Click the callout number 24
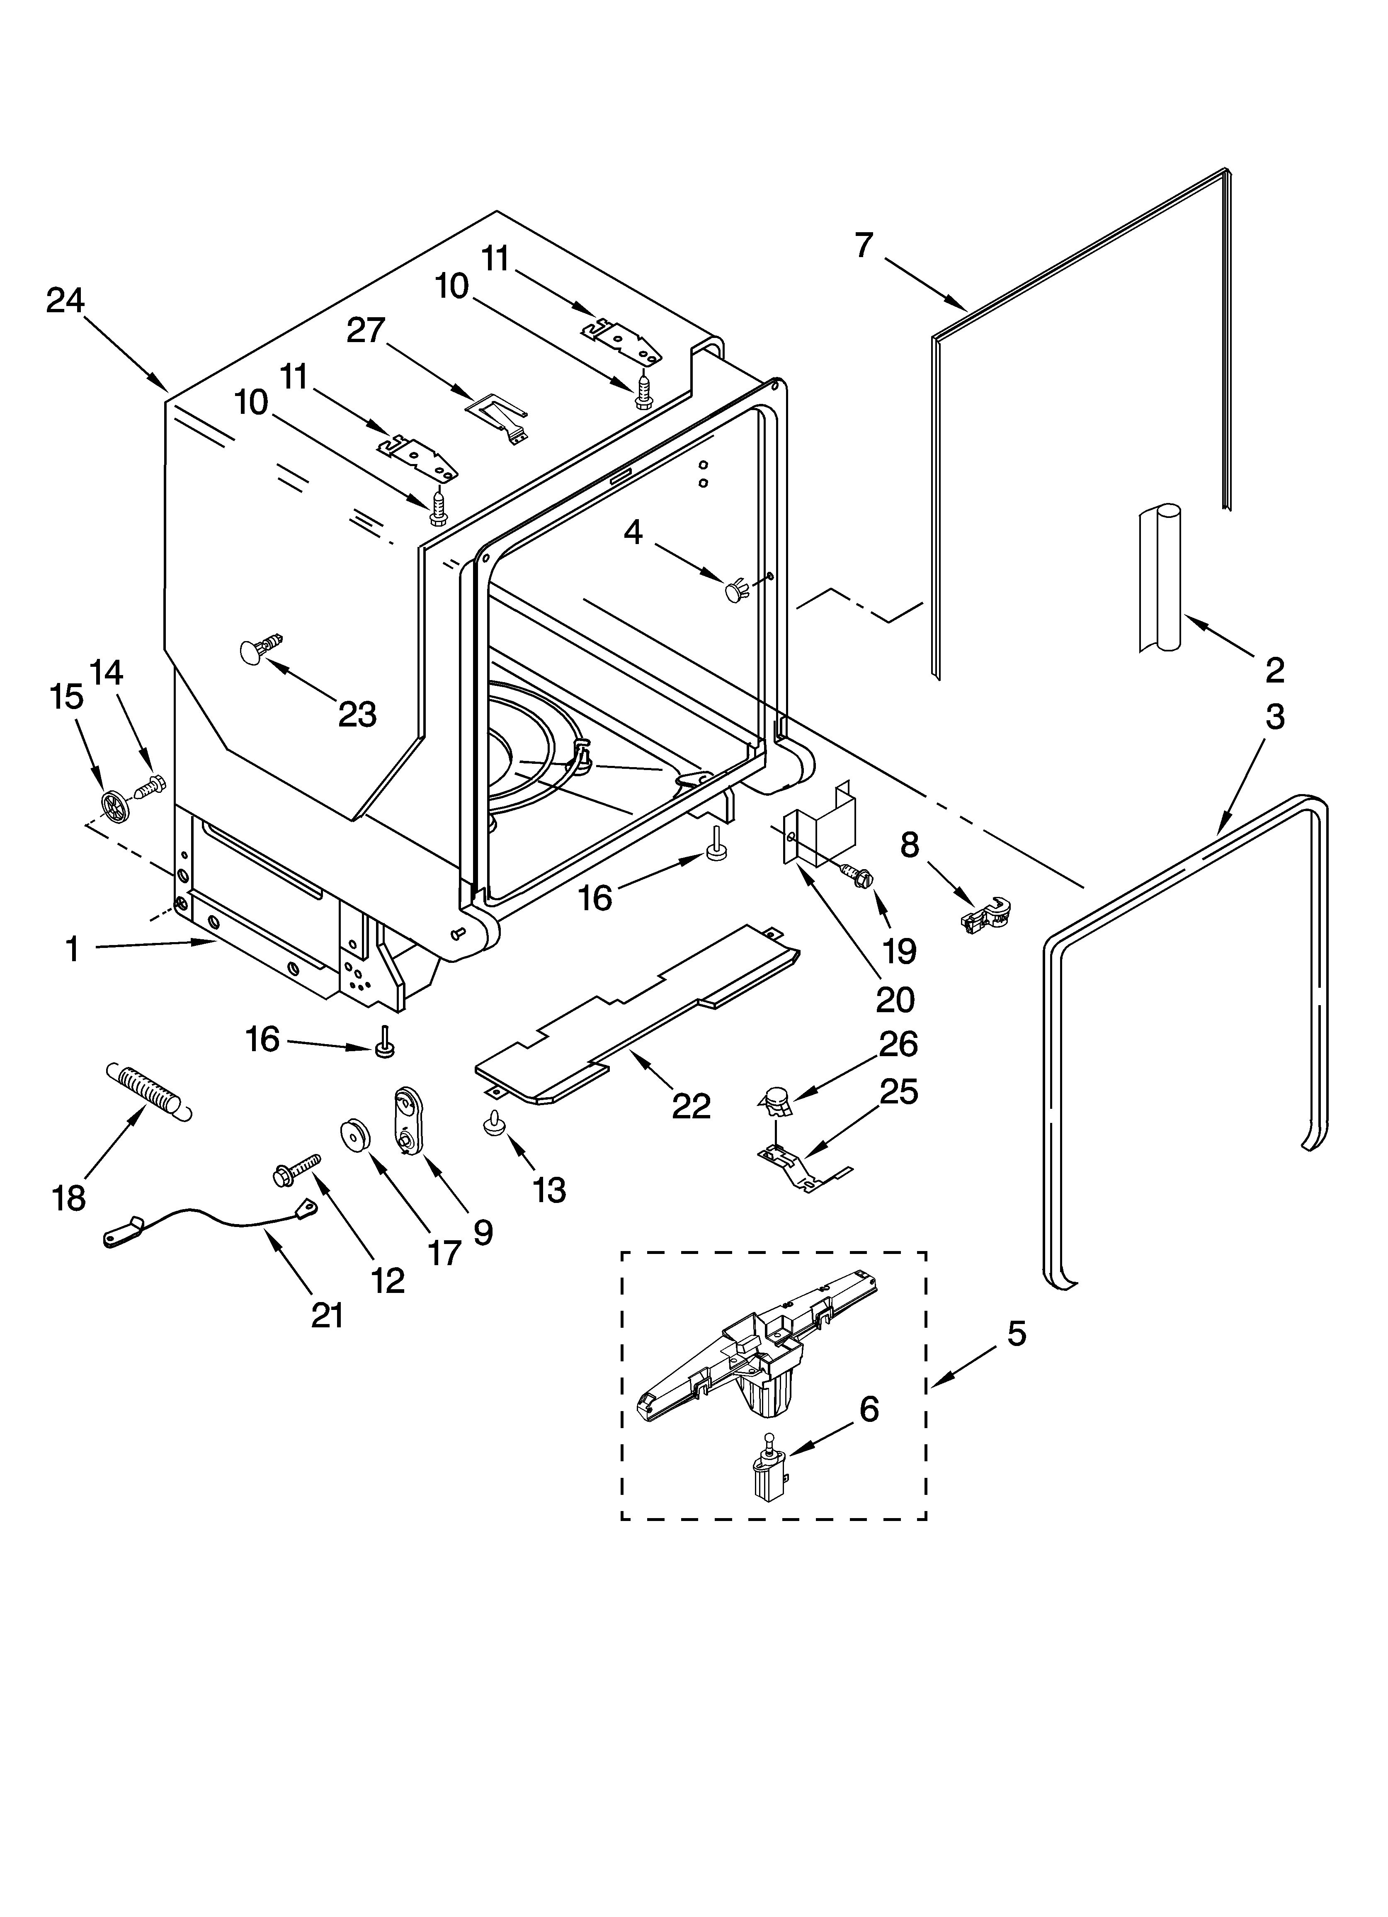(65, 300)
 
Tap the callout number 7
(863, 245)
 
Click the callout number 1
(73, 949)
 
